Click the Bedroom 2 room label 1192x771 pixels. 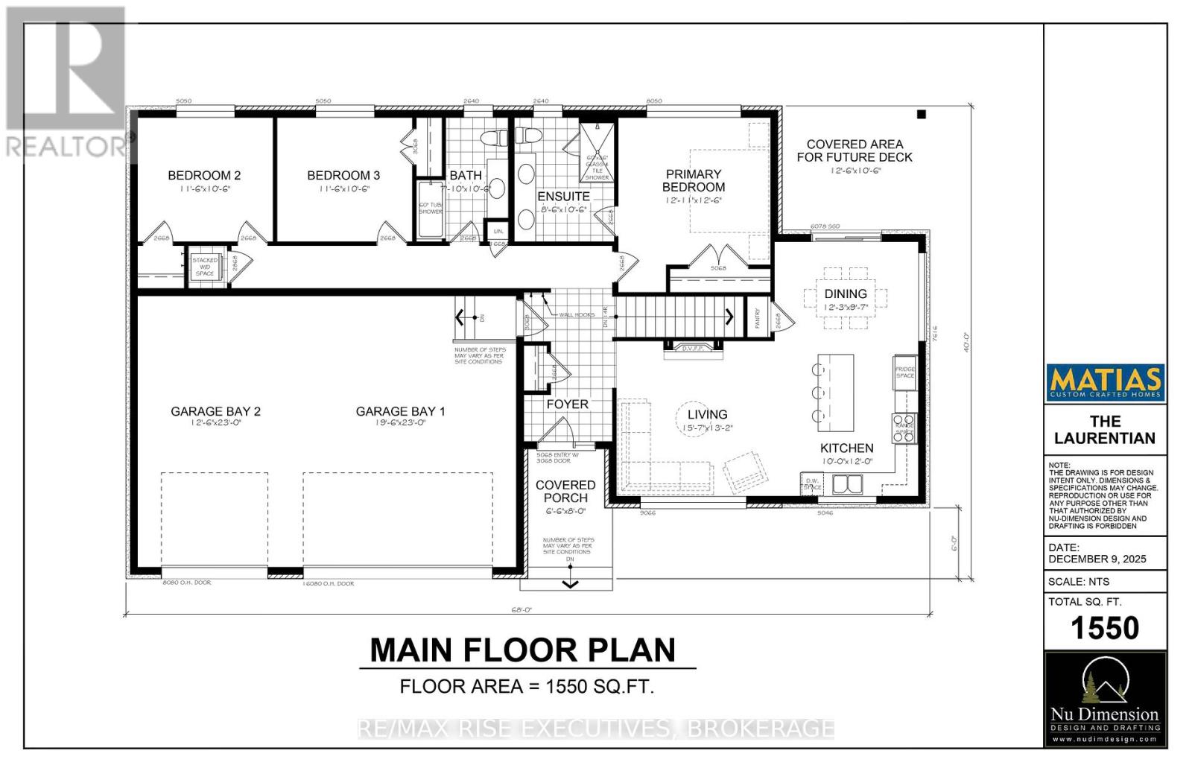pos(204,176)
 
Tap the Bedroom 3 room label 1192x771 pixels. pos(343,176)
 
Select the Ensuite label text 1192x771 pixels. pos(563,197)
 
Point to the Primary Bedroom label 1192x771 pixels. pos(694,181)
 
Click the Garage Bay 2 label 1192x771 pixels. pos(215,411)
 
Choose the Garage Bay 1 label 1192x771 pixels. pos(400,411)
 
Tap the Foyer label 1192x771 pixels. pos(567,404)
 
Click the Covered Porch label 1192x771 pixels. pos(565,492)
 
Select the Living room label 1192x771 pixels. pos(707,415)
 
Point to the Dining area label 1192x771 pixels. pos(846,294)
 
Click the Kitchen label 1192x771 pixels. pos(846,448)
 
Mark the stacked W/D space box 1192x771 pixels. pos(205,267)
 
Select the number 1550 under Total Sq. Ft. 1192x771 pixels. pos(1105,629)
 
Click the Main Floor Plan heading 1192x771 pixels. pos(523,650)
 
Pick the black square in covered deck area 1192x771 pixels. pos(921,115)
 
